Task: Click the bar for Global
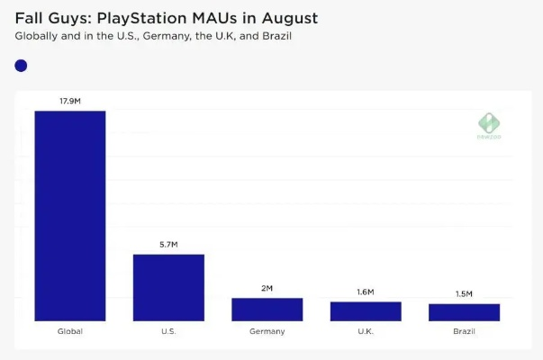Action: coord(70,215)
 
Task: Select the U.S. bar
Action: coord(168,287)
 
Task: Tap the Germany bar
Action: coord(267,309)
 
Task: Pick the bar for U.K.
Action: coord(366,310)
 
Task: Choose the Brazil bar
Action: coord(464,311)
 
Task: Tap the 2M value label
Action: coord(267,288)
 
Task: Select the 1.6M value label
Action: coord(366,292)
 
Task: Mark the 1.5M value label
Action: coord(464,294)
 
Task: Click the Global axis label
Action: coord(70,331)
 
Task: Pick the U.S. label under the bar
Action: coord(168,331)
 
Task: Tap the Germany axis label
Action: coord(267,331)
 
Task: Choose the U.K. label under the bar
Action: coord(366,331)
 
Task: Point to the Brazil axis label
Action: coord(464,331)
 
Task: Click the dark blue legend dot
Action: coord(22,66)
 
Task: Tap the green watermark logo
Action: coord(488,124)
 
